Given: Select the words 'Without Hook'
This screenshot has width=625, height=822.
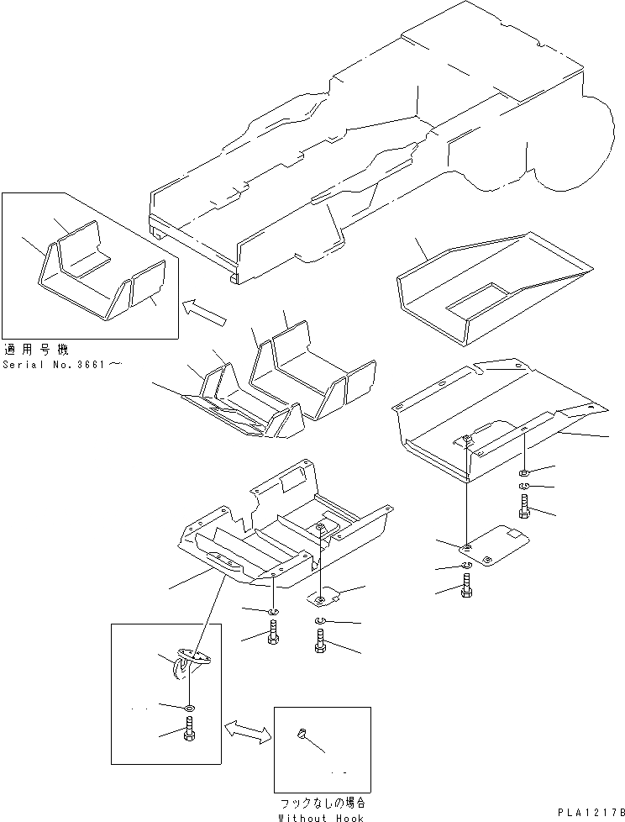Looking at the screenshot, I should pos(322,817).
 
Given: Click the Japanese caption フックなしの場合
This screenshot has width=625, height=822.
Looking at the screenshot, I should pos(322,803).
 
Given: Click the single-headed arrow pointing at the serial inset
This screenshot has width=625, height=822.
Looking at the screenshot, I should pos(206,312).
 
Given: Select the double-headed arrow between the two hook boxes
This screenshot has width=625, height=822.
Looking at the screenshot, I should pos(248,730).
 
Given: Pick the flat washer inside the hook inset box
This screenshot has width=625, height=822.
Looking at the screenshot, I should pos(191,708).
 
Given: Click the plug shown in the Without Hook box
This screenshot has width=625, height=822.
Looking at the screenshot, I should pos(300,734).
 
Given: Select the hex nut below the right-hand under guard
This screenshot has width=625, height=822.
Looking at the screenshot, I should pos(524,474).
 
